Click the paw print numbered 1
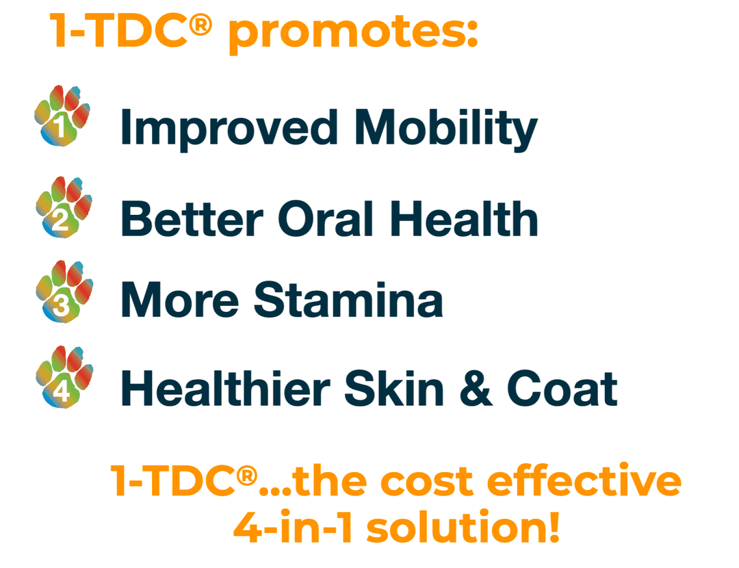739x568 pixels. pyautogui.click(x=62, y=116)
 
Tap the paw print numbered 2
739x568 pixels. pyautogui.click(x=64, y=207)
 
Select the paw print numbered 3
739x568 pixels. pyautogui.click(x=64, y=292)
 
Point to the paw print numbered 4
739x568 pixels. pyautogui.click(x=64, y=377)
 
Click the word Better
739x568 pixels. pyautogui.click(x=192, y=219)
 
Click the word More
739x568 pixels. pyautogui.click(x=180, y=300)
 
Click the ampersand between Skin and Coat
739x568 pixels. pyautogui.click(x=476, y=388)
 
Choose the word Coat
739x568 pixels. pyautogui.click(x=562, y=388)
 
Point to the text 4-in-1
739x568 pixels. pyautogui.click(x=293, y=526)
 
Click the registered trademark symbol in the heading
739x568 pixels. pyautogui.click(x=200, y=24)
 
